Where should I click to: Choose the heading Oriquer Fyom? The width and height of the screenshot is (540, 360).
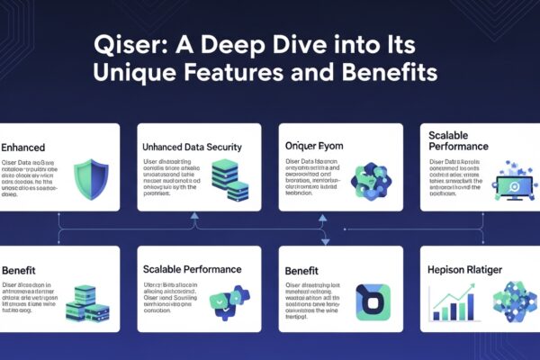click(x=316, y=145)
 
